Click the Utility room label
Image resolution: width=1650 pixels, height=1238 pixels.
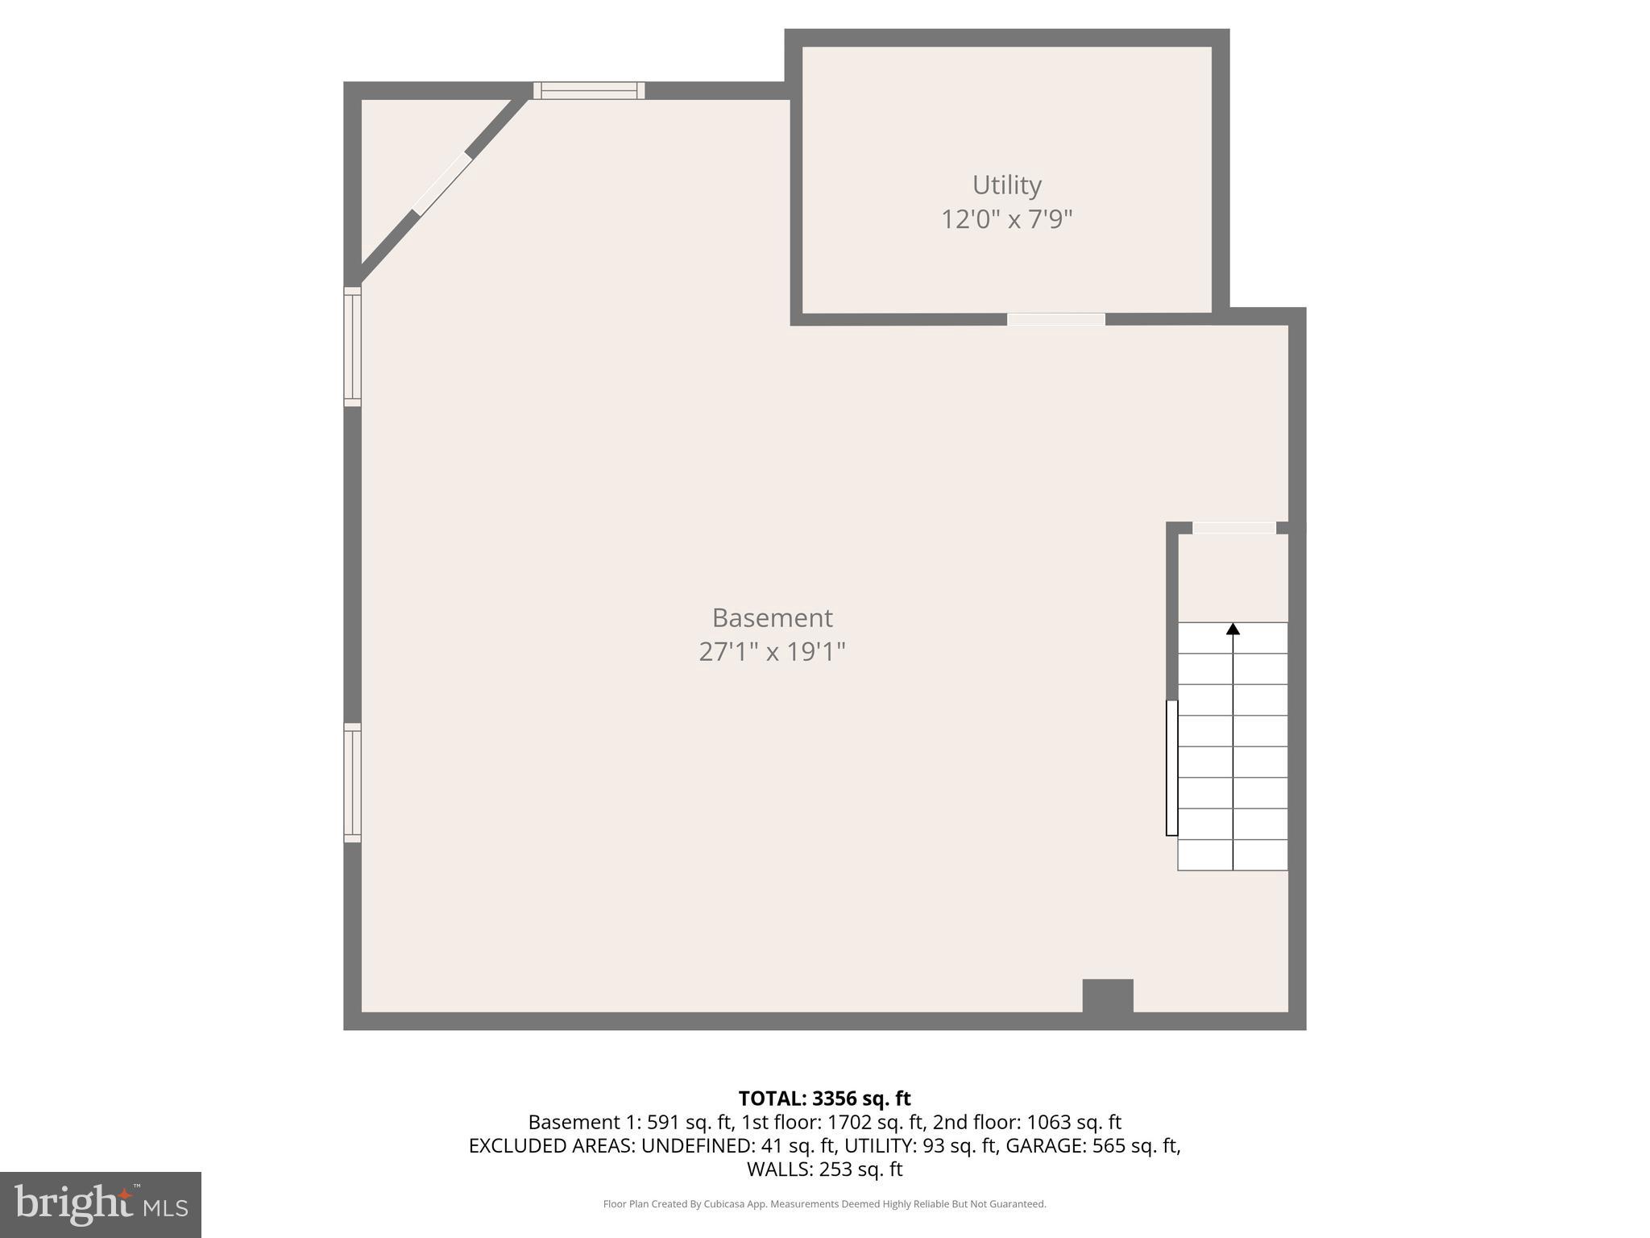[1006, 185]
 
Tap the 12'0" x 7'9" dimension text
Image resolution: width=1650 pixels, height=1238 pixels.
[1006, 219]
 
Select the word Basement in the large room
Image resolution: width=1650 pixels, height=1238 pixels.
[772, 618]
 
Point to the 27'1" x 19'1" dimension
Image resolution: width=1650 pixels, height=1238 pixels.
[772, 652]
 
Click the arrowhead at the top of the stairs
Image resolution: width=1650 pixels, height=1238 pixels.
[1233, 629]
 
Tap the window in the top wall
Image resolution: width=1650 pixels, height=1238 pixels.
[589, 90]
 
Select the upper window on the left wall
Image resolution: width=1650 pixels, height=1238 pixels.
[352, 347]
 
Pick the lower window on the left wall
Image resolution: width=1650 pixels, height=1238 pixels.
[352, 783]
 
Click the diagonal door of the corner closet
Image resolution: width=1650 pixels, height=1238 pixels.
[442, 184]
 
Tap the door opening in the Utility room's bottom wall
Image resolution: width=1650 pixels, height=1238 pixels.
[1055, 320]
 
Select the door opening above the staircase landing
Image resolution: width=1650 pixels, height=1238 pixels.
[1233, 528]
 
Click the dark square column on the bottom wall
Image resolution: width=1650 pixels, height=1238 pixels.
[1108, 996]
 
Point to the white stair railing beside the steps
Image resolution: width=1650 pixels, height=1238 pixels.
[1171, 768]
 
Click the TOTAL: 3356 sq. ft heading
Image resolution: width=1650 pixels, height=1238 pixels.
[824, 1099]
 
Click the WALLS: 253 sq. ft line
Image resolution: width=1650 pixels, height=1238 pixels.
[824, 1169]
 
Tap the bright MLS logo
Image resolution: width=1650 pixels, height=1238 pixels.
[101, 1204]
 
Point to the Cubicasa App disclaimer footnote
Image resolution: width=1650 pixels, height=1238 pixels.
[824, 1204]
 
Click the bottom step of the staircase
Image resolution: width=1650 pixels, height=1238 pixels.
[1233, 855]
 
